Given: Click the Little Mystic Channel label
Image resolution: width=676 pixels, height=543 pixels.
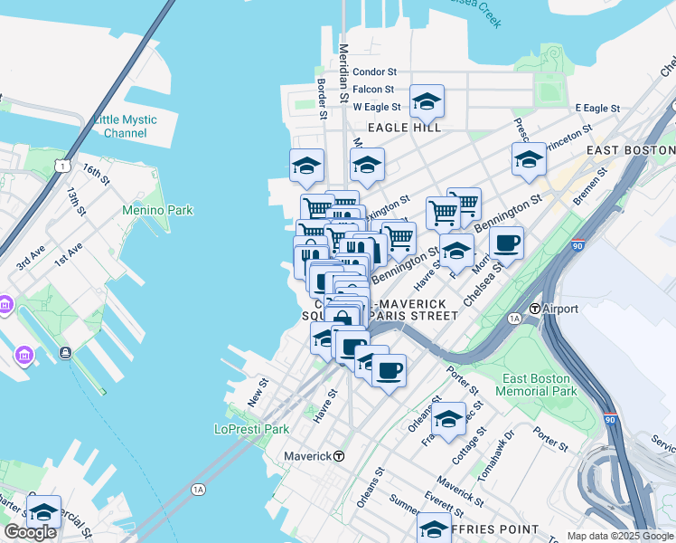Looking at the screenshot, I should [x=125, y=127].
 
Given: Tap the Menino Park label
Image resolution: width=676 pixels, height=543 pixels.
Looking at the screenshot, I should [x=158, y=211].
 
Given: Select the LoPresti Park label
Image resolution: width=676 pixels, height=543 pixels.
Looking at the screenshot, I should [x=250, y=429].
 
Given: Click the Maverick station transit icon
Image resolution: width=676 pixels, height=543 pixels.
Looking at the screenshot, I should [x=340, y=456].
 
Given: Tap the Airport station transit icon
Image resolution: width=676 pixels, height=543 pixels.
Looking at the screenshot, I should [x=535, y=309].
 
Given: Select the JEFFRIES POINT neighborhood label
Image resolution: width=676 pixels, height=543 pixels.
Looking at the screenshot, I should [x=495, y=529].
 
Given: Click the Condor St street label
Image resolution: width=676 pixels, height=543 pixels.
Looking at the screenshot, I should [x=374, y=71].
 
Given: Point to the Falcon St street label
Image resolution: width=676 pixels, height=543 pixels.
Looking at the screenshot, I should [x=373, y=89].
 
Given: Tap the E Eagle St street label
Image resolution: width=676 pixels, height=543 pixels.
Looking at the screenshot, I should [x=597, y=108].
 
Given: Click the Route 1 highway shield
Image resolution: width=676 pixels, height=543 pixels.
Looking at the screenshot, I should [x=61, y=165].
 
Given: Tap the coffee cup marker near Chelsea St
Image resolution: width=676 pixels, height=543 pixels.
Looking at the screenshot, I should [x=506, y=242].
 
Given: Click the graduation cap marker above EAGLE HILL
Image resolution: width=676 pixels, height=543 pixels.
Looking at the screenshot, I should [x=427, y=101].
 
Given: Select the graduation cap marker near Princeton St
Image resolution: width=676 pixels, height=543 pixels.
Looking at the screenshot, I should [x=529, y=158].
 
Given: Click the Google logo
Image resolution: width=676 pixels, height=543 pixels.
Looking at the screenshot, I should [x=30, y=532].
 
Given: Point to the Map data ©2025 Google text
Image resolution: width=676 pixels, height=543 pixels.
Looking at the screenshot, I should [x=619, y=536].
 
